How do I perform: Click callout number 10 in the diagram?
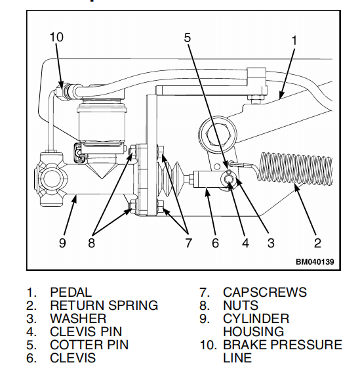pyautogui.click(x=56, y=37)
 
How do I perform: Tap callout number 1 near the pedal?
pyautogui.click(x=294, y=40)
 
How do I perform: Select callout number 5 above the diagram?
pyautogui.click(x=188, y=37)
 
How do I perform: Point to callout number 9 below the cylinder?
pyautogui.click(x=63, y=243)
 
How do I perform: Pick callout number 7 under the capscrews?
pyautogui.click(x=188, y=243)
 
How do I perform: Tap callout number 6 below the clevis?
pyautogui.click(x=214, y=243)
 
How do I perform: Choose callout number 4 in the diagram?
pyautogui.click(x=245, y=243)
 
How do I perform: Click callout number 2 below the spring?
pyautogui.click(x=317, y=243)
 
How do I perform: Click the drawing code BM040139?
pyautogui.click(x=314, y=262)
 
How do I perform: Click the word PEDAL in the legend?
pyautogui.click(x=71, y=292)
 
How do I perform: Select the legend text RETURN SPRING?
pyautogui.click(x=104, y=305)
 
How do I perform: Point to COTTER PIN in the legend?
pyautogui.click(x=89, y=345)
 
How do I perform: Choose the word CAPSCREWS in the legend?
pyautogui.click(x=264, y=292)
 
